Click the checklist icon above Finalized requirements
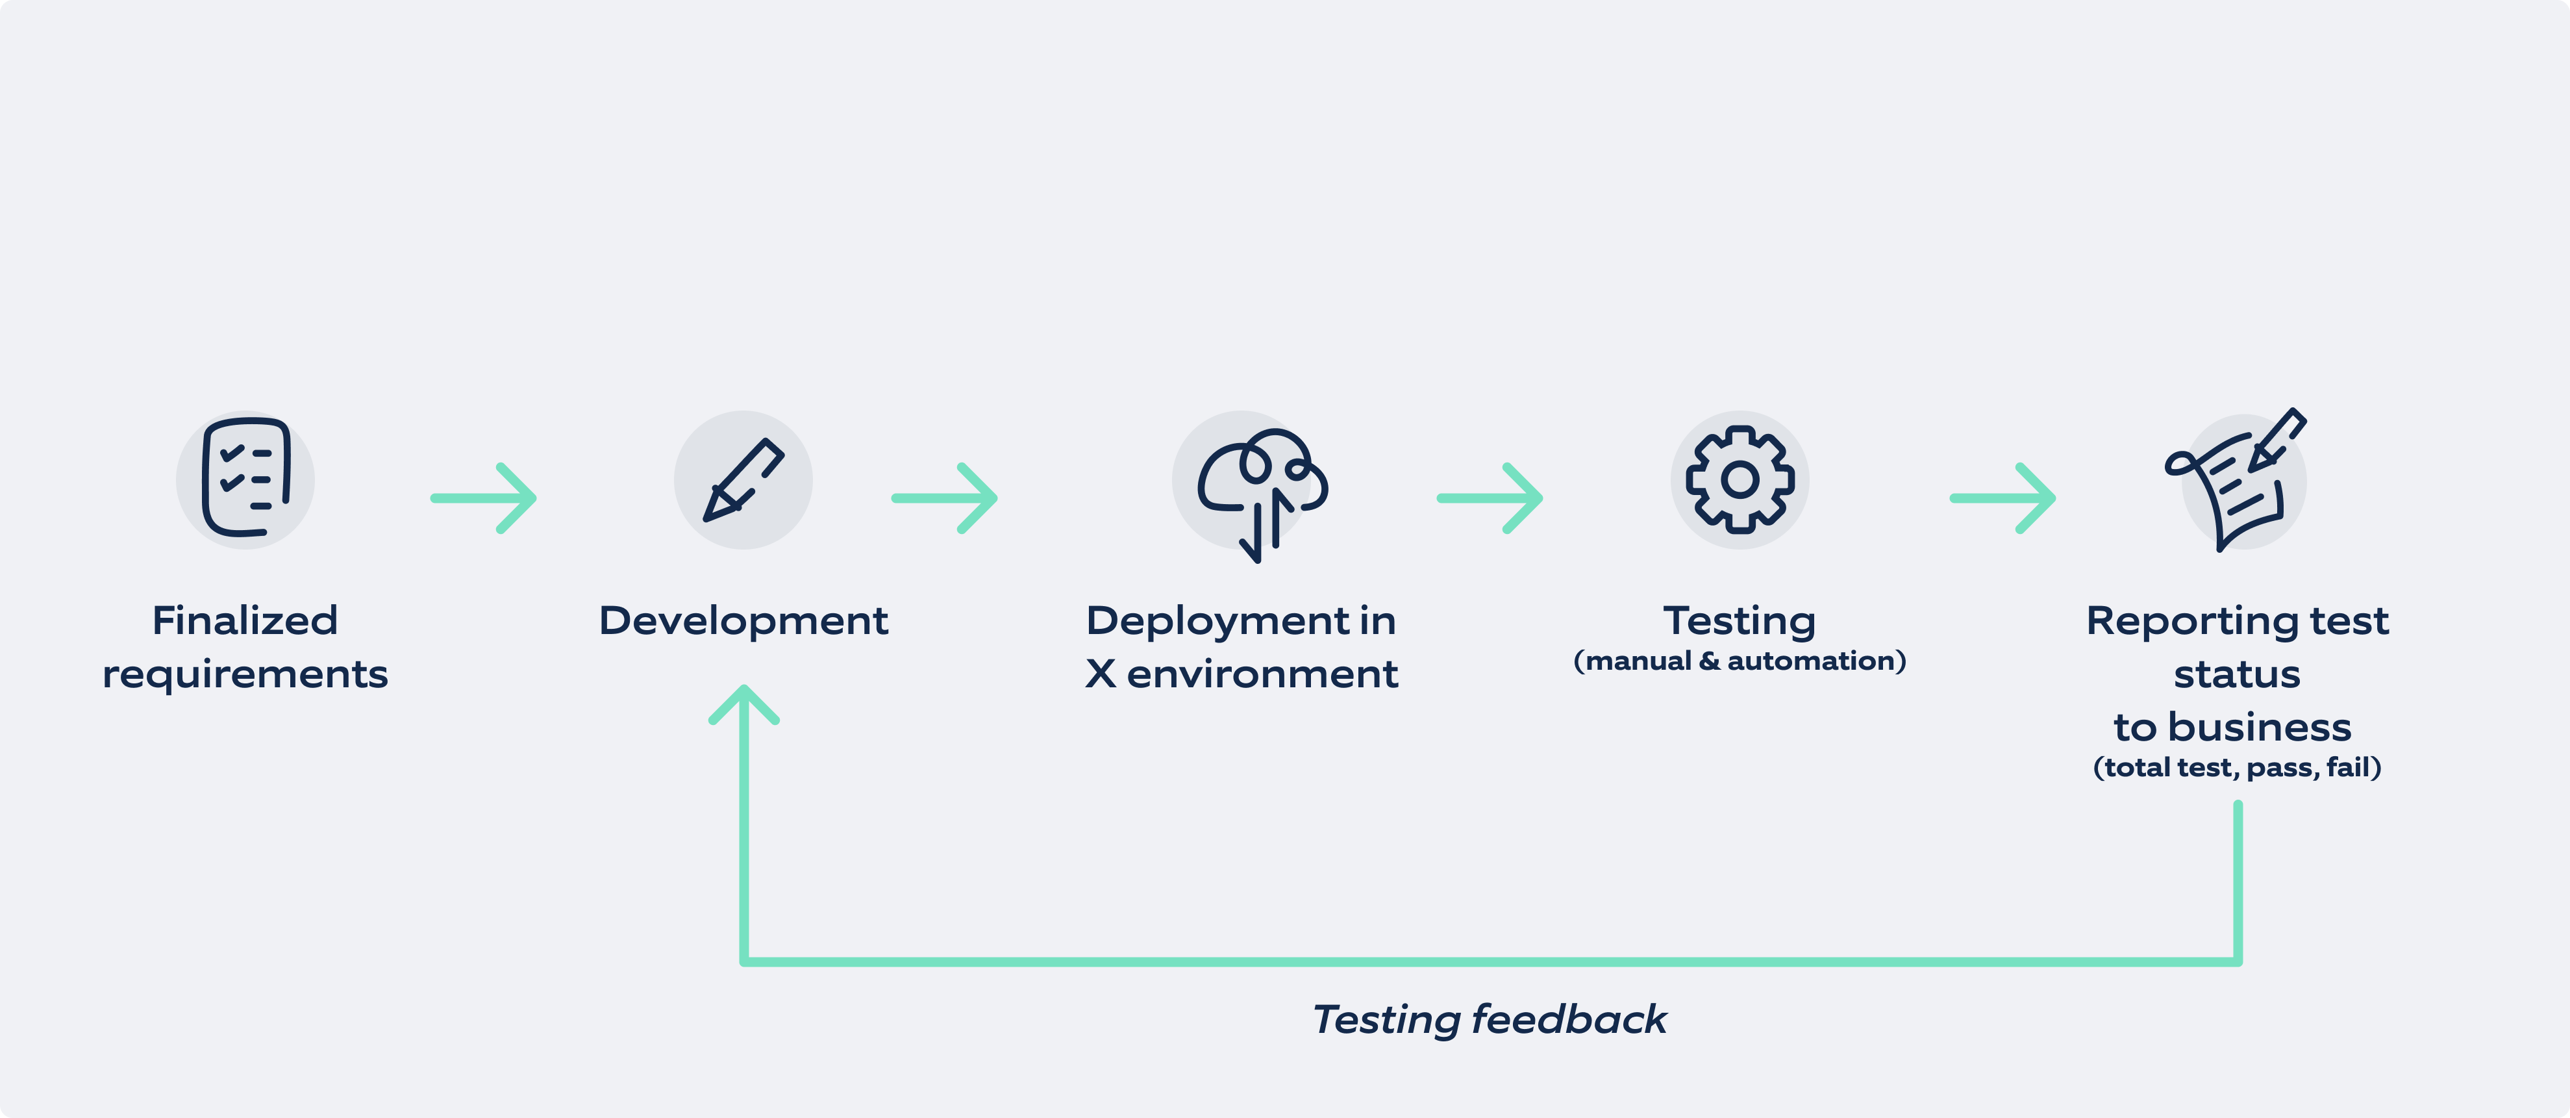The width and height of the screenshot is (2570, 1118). point(245,478)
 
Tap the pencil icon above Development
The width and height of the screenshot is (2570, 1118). point(743,480)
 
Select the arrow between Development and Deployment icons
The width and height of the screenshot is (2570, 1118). point(945,497)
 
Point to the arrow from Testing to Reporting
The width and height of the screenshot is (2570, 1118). point(2003,497)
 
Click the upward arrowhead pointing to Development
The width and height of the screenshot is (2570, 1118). point(744,703)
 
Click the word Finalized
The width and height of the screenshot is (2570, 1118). point(245,621)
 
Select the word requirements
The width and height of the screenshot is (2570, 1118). point(245,675)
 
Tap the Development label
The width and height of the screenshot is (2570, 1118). point(743,621)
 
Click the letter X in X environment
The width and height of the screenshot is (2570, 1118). point(1101,675)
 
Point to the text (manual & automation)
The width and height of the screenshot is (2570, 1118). point(1740,661)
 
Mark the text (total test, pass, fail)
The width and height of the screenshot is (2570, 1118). point(2237,768)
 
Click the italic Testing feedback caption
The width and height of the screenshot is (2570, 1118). point(1488,1020)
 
